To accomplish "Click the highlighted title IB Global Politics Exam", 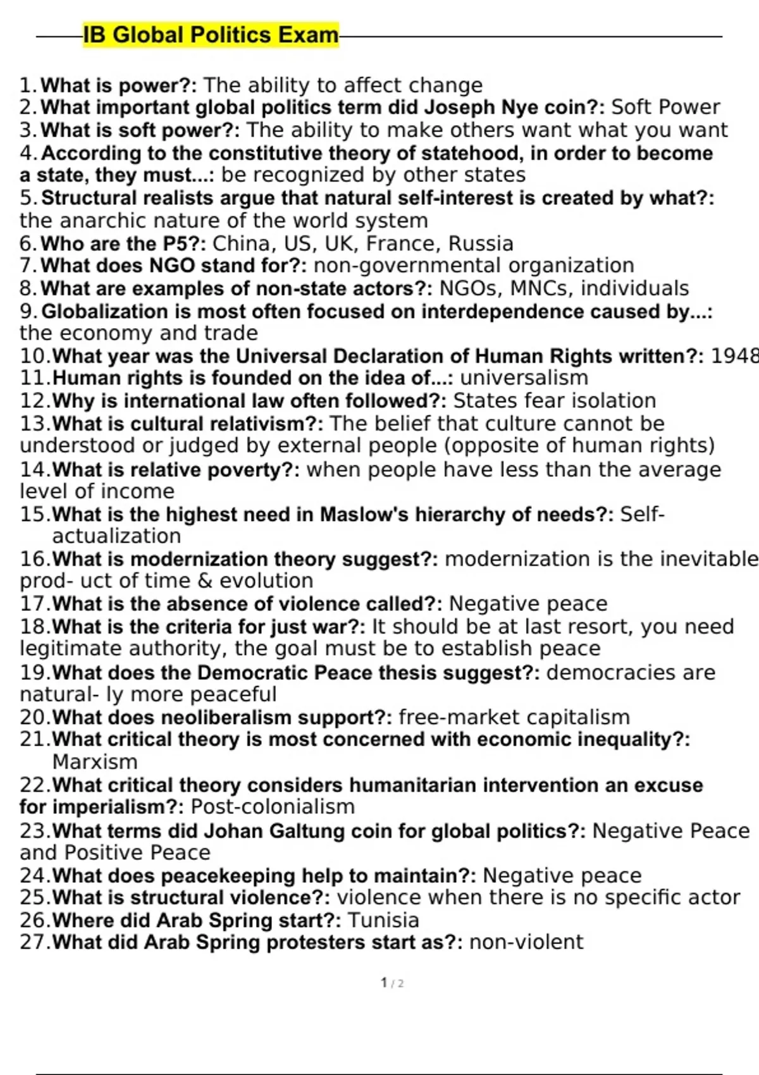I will (211, 35).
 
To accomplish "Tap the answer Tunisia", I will (383, 920).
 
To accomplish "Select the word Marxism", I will (95, 762).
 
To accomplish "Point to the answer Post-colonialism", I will (273, 807).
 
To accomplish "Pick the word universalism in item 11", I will (524, 378).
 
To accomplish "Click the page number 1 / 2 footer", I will (392, 983).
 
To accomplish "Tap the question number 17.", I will (34, 604).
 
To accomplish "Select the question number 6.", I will (28, 243).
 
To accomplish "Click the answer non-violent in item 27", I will (526, 942).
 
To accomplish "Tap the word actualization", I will (116, 536).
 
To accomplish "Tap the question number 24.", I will (34, 876).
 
